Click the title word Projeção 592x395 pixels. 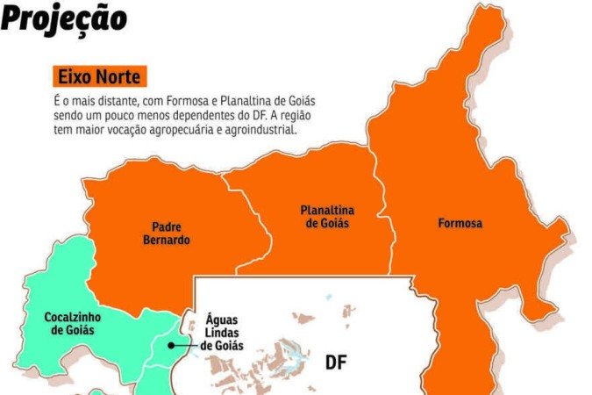coord(63,18)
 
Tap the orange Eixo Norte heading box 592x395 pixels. coord(96,76)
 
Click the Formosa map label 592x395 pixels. coord(460,224)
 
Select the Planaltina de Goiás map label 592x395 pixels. coord(327,217)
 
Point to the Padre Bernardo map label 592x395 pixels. coord(165,233)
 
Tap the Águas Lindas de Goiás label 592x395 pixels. coord(223,333)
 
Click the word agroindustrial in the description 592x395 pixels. coord(260,130)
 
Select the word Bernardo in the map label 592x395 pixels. coord(165,240)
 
